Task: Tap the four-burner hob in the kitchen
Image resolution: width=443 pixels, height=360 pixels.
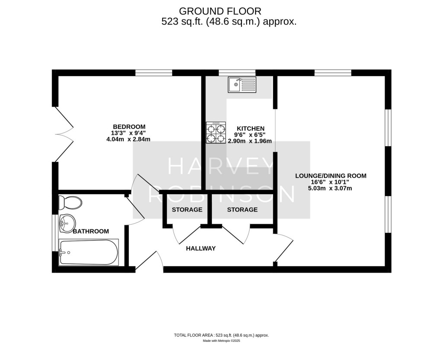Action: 216,133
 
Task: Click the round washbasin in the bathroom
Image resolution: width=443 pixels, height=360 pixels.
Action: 67,223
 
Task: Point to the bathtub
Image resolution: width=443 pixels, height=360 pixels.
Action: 88,252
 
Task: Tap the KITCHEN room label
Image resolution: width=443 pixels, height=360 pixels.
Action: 250,129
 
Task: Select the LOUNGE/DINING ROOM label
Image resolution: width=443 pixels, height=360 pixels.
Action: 331,176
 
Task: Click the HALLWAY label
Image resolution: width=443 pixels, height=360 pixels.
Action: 201,248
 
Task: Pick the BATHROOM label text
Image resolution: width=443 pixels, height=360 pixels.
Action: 91,231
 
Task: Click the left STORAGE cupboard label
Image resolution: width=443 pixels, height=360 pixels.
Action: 187,210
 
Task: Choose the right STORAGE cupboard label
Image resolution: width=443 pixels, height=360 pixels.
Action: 242,210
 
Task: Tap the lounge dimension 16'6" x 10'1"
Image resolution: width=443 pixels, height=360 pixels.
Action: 331,182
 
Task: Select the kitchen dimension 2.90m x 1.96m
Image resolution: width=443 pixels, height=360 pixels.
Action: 250,141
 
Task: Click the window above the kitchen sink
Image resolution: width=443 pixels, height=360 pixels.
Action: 237,73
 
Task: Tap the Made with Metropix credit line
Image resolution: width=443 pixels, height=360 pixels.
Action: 221,341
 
